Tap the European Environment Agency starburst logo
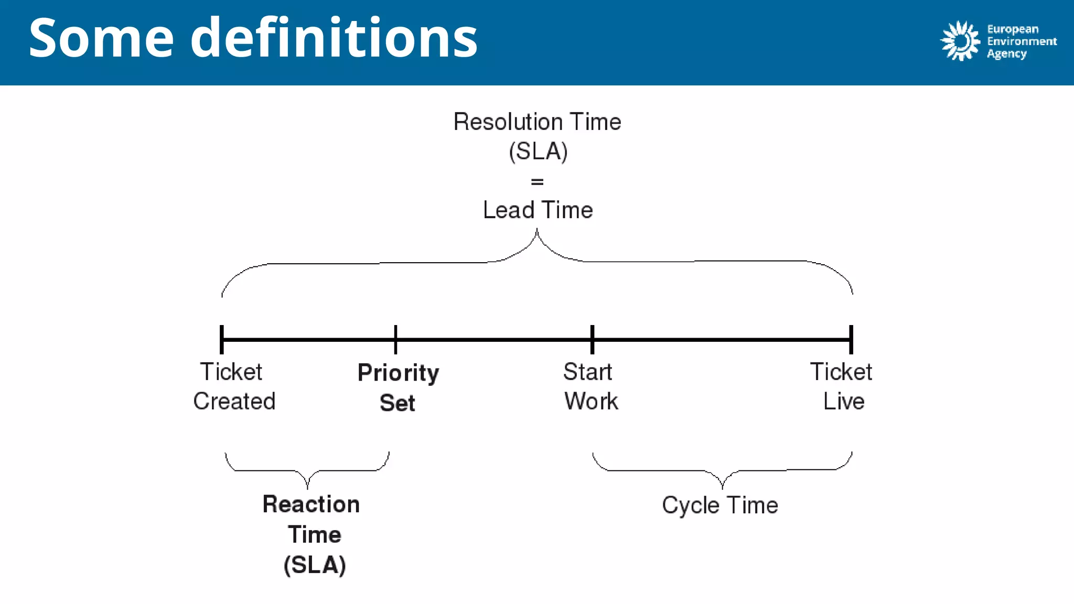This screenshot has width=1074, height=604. tap(960, 41)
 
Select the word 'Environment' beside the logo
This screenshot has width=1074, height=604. tap(1022, 41)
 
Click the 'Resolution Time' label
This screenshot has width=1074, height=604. tap(537, 122)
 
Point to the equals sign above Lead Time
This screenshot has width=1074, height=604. tap(537, 182)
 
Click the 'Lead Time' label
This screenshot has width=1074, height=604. tap(538, 210)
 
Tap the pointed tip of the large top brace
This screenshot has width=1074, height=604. tap(537, 230)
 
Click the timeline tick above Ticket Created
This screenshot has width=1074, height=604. tap(222, 339)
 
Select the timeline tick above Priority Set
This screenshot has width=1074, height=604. tap(395, 339)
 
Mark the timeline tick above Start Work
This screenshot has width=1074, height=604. tap(592, 339)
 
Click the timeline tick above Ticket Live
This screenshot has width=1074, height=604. tap(851, 339)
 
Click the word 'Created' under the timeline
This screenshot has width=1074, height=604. tap(234, 401)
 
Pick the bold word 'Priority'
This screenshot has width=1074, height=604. tap(398, 373)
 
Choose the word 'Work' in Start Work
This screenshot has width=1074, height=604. tap(591, 401)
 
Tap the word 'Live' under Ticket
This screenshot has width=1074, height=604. tap(843, 401)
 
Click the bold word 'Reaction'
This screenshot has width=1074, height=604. tap(311, 504)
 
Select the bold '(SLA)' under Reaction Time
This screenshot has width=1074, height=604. tap(315, 565)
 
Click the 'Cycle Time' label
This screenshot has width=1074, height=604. tap(719, 505)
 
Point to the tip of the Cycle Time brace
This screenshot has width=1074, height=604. tap(722, 487)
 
